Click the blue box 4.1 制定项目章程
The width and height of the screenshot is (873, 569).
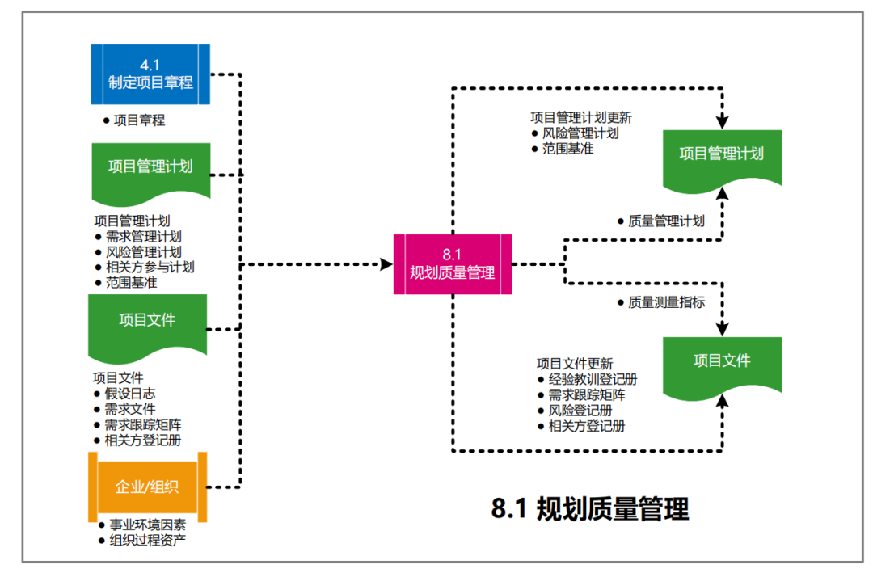(x=150, y=74)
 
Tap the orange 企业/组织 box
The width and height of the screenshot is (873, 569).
(x=147, y=487)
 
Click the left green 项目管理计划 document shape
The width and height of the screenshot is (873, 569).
(x=150, y=167)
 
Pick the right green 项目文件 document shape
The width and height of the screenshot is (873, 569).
(x=722, y=361)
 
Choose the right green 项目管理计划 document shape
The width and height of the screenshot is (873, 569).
(x=722, y=155)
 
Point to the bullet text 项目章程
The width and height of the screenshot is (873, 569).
(x=139, y=120)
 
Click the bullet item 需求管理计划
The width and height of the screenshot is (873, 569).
(x=143, y=237)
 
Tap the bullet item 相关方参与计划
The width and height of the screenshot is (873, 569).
(x=150, y=268)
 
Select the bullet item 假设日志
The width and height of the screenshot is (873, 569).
(x=130, y=394)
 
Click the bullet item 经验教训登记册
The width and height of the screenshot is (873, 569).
(x=593, y=380)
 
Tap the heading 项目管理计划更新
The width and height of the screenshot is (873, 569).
(x=581, y=118)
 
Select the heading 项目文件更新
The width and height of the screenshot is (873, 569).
(x=575, y=365)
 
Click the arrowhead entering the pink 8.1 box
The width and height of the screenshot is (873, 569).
(x=386, y=264)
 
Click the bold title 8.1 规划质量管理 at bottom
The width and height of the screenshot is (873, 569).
(x=590, y=509)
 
